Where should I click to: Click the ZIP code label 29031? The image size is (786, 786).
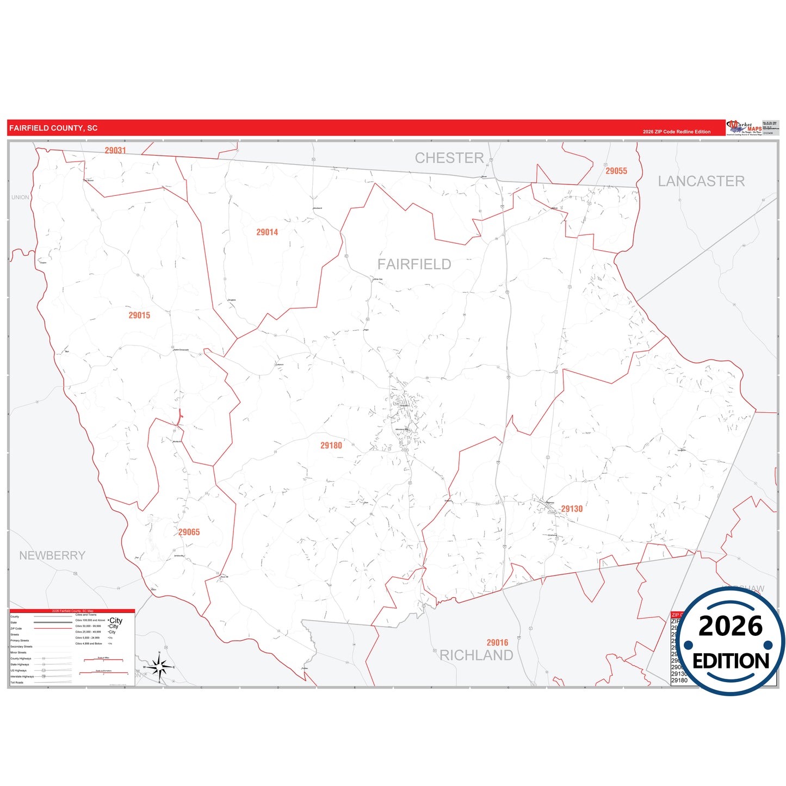[x=115, y=151]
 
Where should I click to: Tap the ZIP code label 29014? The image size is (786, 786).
[x=267, y=232]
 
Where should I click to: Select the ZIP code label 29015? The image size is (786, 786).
[x=139, y=315]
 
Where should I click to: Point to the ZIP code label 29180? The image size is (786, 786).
[x=331, y=445]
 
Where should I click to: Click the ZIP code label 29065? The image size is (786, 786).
[x=189, y=532]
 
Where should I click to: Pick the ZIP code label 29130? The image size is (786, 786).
[x=572, y=509]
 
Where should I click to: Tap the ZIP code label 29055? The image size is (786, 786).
[x=616, y=171]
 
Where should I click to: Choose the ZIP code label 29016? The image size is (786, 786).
[x=497, y=642]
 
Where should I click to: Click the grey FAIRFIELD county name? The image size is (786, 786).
[x=414, y=264]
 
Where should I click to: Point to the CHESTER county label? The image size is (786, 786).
[x=449, y=158]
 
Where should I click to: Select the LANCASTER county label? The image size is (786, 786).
[x=701, y=182]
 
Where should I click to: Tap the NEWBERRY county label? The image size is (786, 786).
[x=52, y=555]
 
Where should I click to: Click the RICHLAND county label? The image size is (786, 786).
[x=476, y=655]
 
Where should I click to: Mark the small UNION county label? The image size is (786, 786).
[x=20, y=197]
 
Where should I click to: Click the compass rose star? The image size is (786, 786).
[x=159, y=666]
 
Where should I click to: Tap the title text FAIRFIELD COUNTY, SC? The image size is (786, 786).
[x=53, y=128]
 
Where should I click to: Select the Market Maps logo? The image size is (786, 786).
[x=744, y=128]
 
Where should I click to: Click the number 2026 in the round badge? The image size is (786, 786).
[x=731, y=626]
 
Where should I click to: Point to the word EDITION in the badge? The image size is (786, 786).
[x=731, y=661]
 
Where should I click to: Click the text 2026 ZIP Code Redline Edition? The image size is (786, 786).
[x=677, y=132]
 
